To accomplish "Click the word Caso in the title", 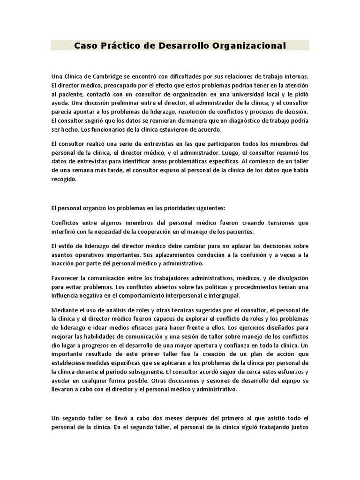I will click(x=85, y=45).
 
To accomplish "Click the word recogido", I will click(x=63, y=179).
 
